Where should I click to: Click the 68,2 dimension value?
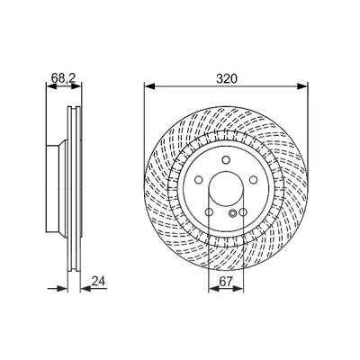[63, 78]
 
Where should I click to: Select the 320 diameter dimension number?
[227, 78]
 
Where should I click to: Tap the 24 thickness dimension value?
[99, 281]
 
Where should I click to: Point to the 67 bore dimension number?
[226, 282]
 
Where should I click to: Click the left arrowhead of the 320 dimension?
[149, 86]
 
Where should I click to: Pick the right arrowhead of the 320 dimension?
[302, 86]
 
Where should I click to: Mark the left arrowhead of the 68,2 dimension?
[51, 86]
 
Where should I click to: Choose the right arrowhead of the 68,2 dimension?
[76, 86]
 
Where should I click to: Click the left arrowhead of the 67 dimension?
[213, 289]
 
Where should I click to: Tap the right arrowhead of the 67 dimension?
[238, 289]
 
